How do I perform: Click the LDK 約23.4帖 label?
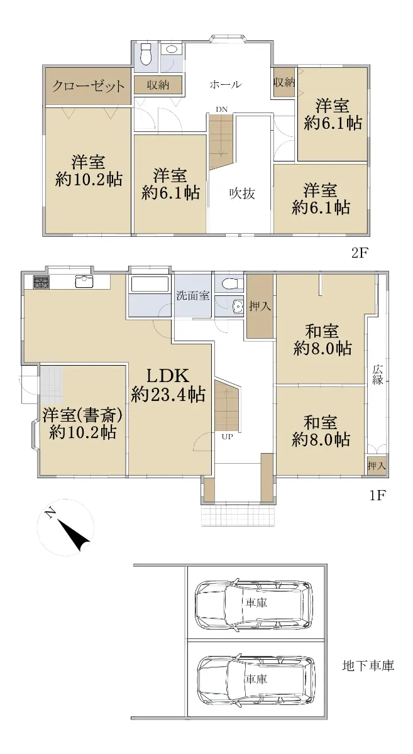168,385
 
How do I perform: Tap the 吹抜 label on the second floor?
242,194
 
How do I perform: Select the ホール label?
226,84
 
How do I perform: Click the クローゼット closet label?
88,86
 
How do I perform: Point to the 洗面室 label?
193,295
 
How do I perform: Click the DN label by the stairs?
222,109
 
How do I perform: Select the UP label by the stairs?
227,437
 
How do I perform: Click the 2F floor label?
359,253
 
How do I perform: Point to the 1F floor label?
377,495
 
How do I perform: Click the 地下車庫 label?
368,666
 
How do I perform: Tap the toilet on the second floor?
146,55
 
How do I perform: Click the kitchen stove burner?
41,281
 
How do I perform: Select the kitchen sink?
84,281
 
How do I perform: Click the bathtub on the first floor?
149,285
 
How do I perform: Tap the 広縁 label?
377,374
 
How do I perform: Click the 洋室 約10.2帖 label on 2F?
88,171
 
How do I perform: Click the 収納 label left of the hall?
158,85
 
